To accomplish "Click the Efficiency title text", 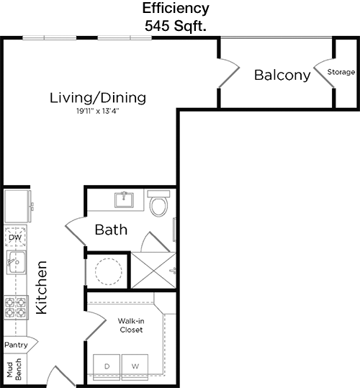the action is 176,9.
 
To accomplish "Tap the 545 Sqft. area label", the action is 176,26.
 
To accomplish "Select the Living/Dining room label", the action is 98,98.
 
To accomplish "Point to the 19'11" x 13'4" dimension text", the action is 98,111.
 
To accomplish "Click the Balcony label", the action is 282,75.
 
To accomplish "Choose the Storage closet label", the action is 341,72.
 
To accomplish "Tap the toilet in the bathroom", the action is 158,203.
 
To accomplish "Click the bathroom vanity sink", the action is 124,199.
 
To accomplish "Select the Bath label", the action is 111,230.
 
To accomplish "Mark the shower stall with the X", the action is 153,271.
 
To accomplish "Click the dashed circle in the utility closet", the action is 109,271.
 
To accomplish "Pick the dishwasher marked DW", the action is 15,237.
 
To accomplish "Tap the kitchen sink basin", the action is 17,262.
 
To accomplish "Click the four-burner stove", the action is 16,307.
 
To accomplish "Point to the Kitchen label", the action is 41,287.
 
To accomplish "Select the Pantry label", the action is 16,345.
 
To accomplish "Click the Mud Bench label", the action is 14,369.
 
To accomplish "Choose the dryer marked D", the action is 107,366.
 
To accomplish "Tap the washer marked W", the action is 135,366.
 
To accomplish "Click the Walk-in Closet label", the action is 131,325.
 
